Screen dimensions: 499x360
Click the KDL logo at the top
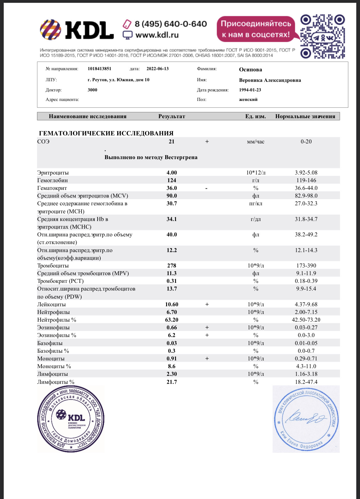coord(77,30)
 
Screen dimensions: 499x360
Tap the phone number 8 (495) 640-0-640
coord(170,24)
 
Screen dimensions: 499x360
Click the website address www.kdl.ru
coord(157,35)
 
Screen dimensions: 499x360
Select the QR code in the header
coord(322,36)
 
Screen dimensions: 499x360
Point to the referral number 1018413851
coord(99,69)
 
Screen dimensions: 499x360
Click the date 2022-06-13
coord(158,69)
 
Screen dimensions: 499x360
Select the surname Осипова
coord(250,70)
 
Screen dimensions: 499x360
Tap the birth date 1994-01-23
coord(250,90)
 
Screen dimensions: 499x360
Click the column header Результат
coord(172,116)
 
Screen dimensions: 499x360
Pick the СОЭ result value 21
coord(172,142)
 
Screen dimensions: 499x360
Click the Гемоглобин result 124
coord(172,180)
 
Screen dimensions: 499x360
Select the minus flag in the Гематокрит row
coord(206,188)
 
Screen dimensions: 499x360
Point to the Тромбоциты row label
coord(53,266)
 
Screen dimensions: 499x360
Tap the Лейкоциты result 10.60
coord(172,304)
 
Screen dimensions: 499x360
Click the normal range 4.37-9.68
coord(306,304)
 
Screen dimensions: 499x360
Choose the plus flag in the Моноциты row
coord(207,359)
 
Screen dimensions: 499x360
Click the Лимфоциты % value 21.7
coord(172,382)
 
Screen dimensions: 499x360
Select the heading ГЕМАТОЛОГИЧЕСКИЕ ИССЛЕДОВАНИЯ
coord(106,133)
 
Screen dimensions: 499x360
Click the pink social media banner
coord(256,29)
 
